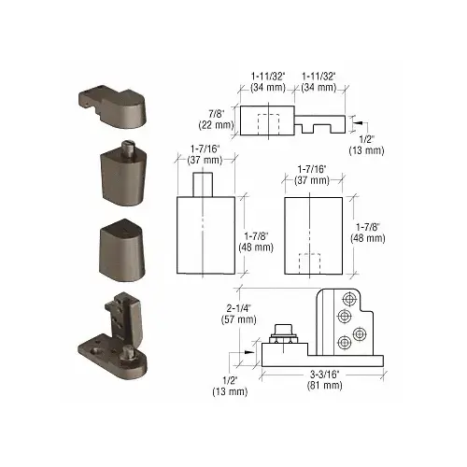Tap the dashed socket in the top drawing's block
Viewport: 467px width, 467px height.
[x=269, y=122]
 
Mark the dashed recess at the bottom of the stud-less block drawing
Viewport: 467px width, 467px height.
[x=309, y=263]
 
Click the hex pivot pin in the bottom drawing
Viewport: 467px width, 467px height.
[x=284, y=335]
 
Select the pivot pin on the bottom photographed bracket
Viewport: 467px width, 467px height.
[x=127, y=354]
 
